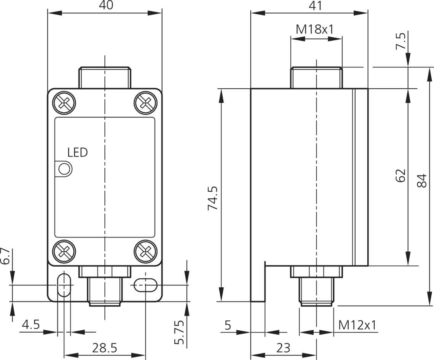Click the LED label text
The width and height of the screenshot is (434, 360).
tap(78, 153)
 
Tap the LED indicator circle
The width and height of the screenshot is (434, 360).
tap(64, 169)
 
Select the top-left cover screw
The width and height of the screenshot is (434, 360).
tap(64, 102)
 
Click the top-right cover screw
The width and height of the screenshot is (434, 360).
tap(145, 102)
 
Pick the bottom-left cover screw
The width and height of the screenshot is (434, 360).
tap(64, 251)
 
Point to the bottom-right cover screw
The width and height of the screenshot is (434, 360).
tap(145, 251)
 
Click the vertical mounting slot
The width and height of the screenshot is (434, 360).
tap(64, 284)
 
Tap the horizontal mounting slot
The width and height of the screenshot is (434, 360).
tap(145, 285)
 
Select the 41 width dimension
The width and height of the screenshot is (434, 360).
tap(316, 5)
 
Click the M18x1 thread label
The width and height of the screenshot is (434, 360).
tap(315, 29)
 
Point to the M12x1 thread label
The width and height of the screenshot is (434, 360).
tap(357, 325)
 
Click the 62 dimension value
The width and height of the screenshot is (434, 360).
tap(400, 176)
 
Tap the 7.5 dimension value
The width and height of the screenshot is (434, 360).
tap(400, 41)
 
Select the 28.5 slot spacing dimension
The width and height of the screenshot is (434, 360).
tap(104, 348)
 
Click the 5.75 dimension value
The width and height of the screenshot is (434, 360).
tap(179, 332)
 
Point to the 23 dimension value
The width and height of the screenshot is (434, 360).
tap(284, 348)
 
